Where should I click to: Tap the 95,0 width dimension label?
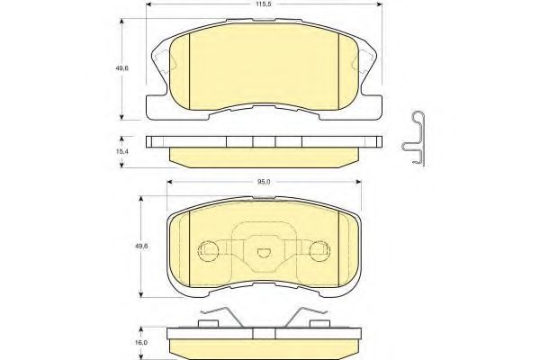point(264,182)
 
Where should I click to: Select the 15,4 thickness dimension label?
point(121,151)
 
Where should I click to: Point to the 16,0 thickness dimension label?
point(141,343)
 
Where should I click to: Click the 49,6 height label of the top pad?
point(121,68)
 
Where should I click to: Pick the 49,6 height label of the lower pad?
point(141,247)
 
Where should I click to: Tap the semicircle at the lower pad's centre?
point(264,253)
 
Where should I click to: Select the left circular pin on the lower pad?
point(208,250)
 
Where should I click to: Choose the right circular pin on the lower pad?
point(319,250)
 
